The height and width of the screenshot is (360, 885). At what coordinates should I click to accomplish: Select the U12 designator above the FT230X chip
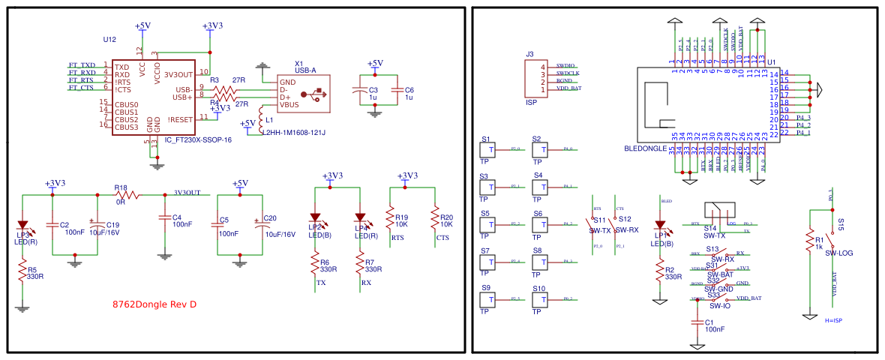coord(109,39)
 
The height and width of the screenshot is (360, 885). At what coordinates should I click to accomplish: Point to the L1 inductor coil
coord(261,118)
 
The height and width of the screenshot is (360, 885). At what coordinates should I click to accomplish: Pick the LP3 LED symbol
coord(22,224)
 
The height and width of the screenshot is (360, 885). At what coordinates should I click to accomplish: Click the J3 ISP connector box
coord(533,77)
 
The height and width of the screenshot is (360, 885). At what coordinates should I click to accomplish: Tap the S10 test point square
coord(538,298)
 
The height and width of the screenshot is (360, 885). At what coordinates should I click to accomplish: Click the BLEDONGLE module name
coord(646,149)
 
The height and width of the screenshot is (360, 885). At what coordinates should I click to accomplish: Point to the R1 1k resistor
coord(809,240)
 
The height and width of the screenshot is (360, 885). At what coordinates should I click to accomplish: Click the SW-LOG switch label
coord(838,253)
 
